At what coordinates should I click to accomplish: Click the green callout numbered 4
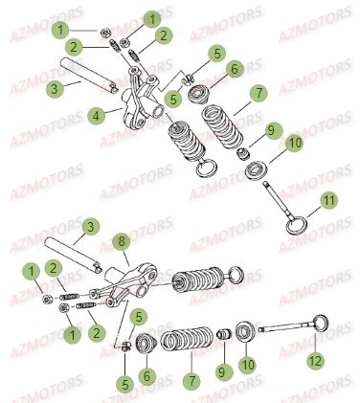(x=97, y=116)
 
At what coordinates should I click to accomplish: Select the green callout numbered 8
(x=122, y=241)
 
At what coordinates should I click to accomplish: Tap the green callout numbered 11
(x=328, y=200)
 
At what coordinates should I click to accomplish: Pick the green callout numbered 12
(x=315, y=361)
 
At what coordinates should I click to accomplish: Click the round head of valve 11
(x=296, y=226)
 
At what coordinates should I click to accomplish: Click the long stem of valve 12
(x=286, y=326)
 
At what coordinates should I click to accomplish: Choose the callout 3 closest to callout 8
(x=91, y=227)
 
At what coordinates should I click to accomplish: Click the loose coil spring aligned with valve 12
(x=187, y=339)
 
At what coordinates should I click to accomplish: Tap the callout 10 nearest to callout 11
(x=294, y=144)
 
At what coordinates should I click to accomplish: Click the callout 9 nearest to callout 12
(x=224, y=371)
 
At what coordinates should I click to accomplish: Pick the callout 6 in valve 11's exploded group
(x=235, y=69)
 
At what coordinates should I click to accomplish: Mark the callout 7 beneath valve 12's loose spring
(x=191, y=381)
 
